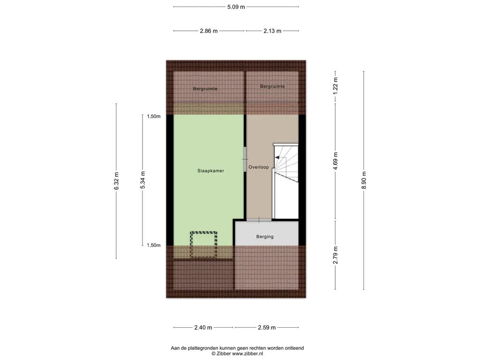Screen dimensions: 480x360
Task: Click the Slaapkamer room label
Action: point(210,171)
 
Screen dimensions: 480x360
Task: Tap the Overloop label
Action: point(259,167)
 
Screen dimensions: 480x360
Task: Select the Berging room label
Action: point(265,237)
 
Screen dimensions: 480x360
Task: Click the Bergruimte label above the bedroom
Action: point(205,89)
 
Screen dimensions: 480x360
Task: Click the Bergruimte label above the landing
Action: point(272,86)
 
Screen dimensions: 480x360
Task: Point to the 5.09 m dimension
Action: point(236,7)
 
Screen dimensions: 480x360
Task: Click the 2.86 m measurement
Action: point(209,31)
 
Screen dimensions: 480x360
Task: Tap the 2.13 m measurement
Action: point(272,31)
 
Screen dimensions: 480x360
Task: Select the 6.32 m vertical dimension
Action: point(116,181)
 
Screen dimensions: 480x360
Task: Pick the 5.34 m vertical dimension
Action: point(142,180)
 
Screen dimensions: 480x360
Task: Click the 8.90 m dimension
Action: point(364,180)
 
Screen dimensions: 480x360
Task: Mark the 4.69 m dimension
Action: point(336,161)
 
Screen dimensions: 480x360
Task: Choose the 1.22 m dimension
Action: point(336,86)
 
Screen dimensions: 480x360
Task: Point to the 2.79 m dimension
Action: point(336,255)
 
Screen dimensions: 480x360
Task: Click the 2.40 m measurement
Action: point(203,328)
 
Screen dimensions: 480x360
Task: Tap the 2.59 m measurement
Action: point(267,328)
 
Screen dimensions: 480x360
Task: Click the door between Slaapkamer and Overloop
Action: point(245,159)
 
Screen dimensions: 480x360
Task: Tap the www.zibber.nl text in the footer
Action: point(247,353)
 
